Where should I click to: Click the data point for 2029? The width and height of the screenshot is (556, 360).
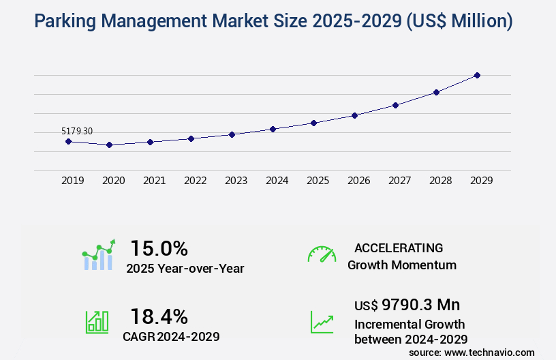pyautogui.click(x=477, y=75)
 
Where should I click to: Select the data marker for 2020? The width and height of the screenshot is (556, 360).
pyautogui.click(x=109, y=145)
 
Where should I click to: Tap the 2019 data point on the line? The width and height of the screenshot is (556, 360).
pyautogui.click(x=68, y=141)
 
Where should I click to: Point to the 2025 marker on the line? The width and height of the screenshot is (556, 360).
pyautogui.click(x=313, y=123)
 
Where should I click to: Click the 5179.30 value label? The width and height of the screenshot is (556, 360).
pyautogui.click(x=77, y=131)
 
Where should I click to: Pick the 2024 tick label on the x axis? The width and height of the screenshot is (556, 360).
pyautogui.click(x=277, y=181)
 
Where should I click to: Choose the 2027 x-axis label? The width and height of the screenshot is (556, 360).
pyautogui.click(x=399, y=181)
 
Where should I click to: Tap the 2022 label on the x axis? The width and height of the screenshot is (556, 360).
pyautogui.click(x=195, y=181)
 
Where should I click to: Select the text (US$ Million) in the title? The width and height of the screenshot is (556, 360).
pyautogui.click(x=459, y=22)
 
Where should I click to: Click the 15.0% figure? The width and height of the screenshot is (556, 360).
pyautogui.click(x=159, y=248)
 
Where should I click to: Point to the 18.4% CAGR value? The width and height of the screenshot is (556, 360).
pyautogui.click(x=159, y=316)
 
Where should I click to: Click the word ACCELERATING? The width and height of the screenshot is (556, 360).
pyautogui.click(x=399, y=248)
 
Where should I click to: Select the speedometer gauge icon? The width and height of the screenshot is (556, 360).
pyautogui.click(x=322, y=254)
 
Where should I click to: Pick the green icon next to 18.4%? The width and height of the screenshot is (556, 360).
pyautogui.click(x=97, y=322)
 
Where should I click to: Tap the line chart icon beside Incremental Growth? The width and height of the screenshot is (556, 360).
pyautogui.click(x=322, y=322)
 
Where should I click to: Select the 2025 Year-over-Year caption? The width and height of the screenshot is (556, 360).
pyautogui.click(x=185, y=269)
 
